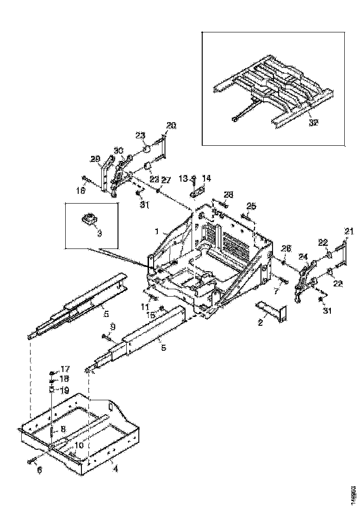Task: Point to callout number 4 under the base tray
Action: click(x=116, y=469)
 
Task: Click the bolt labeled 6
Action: click(x=32, y=460)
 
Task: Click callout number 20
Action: click(x=171, y=125)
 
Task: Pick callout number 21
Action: click(x=348, y=231)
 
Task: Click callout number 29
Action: click(x=95, y=160)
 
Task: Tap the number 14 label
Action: click(x=206, y=178)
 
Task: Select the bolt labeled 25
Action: click(x=244, y=215)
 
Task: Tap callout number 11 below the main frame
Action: click(x=145, y=306)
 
